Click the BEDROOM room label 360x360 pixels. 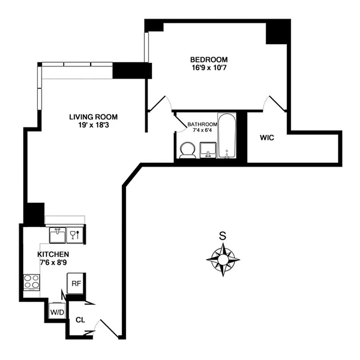(x=209, y=59)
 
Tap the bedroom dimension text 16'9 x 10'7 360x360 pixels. (x=209, y=68)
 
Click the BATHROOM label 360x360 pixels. (x=202, y=124)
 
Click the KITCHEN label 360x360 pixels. (x=53, y=254)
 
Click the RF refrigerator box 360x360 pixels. (x=76, y=283)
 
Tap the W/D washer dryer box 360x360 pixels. (x=57, y=311)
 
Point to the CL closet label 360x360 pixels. (x=81, y=320)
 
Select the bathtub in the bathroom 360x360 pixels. (x=227, y=136)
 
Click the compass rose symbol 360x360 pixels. (x=223, y=260)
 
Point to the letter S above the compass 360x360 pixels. (x=222, y=235)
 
